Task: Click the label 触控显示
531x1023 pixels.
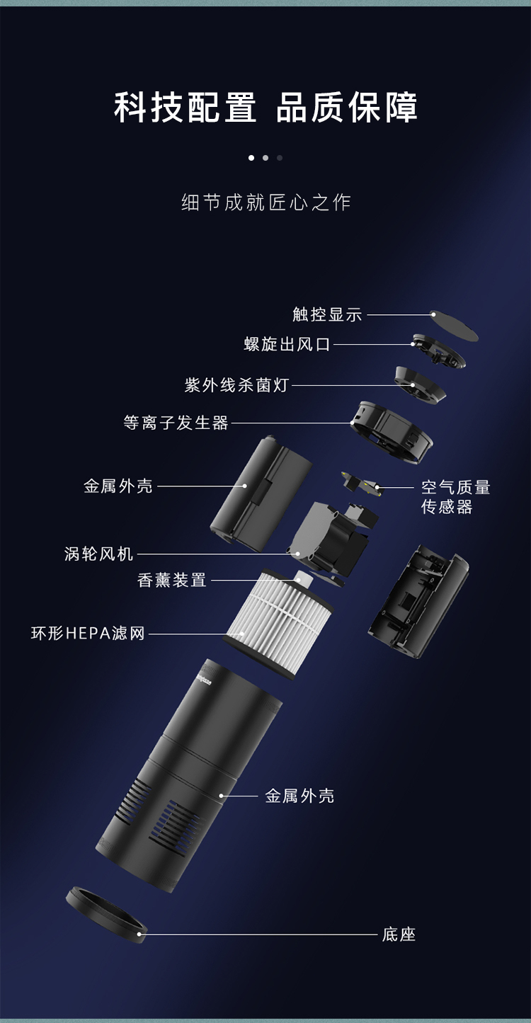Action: pos(327,314)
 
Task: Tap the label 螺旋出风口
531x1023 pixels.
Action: pos(287,344)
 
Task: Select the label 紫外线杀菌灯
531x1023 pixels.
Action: pos(236,385)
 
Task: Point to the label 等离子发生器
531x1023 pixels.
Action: pos(176,423)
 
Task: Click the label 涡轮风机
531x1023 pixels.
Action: pos(98,554)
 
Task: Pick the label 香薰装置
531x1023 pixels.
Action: pos(172,580)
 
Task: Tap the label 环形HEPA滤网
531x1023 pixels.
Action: pos(88,634)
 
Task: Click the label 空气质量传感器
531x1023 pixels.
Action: pos(455,497)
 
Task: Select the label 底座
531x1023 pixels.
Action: pos(399,935)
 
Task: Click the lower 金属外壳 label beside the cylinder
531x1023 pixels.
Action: pos(299,796)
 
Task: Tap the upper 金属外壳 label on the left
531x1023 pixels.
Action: pos(118,486)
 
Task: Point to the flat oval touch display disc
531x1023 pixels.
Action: pos(454,326)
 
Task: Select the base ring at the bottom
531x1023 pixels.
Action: pos(107,914)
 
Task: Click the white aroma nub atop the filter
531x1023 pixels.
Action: pos(301,577)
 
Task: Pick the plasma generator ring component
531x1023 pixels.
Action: pos(392,432)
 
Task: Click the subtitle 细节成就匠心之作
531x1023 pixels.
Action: pos(266,202)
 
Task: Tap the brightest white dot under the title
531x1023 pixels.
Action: pos(251,158)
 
